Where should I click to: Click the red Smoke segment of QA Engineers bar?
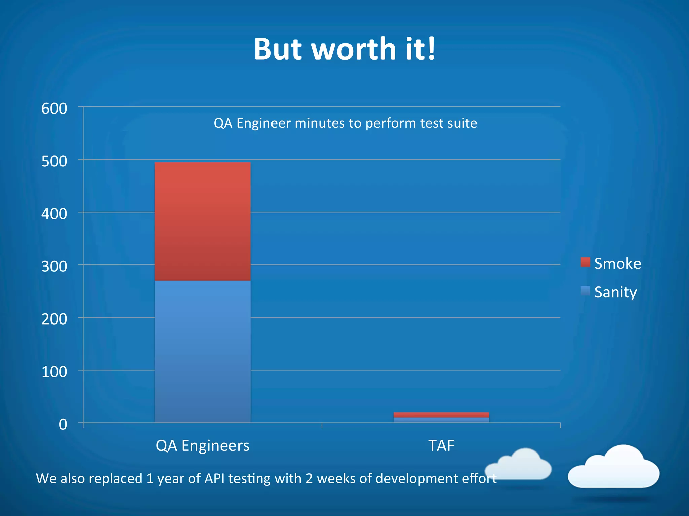click(203, 221)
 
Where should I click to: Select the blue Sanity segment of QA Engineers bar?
click(203, 351)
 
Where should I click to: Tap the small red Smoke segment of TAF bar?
click(441, 415)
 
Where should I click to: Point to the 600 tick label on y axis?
click(54, 109)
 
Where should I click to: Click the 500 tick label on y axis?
click(54, 162)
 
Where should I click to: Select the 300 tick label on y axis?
click(54, 267)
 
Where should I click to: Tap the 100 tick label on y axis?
click(54, 372)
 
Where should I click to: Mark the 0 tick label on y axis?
click(63, 425)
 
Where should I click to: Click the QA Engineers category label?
click(203, 446)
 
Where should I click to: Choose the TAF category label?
click(441, 446)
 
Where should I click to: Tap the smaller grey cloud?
click(520, 465)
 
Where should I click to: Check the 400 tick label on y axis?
click(54, 214)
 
